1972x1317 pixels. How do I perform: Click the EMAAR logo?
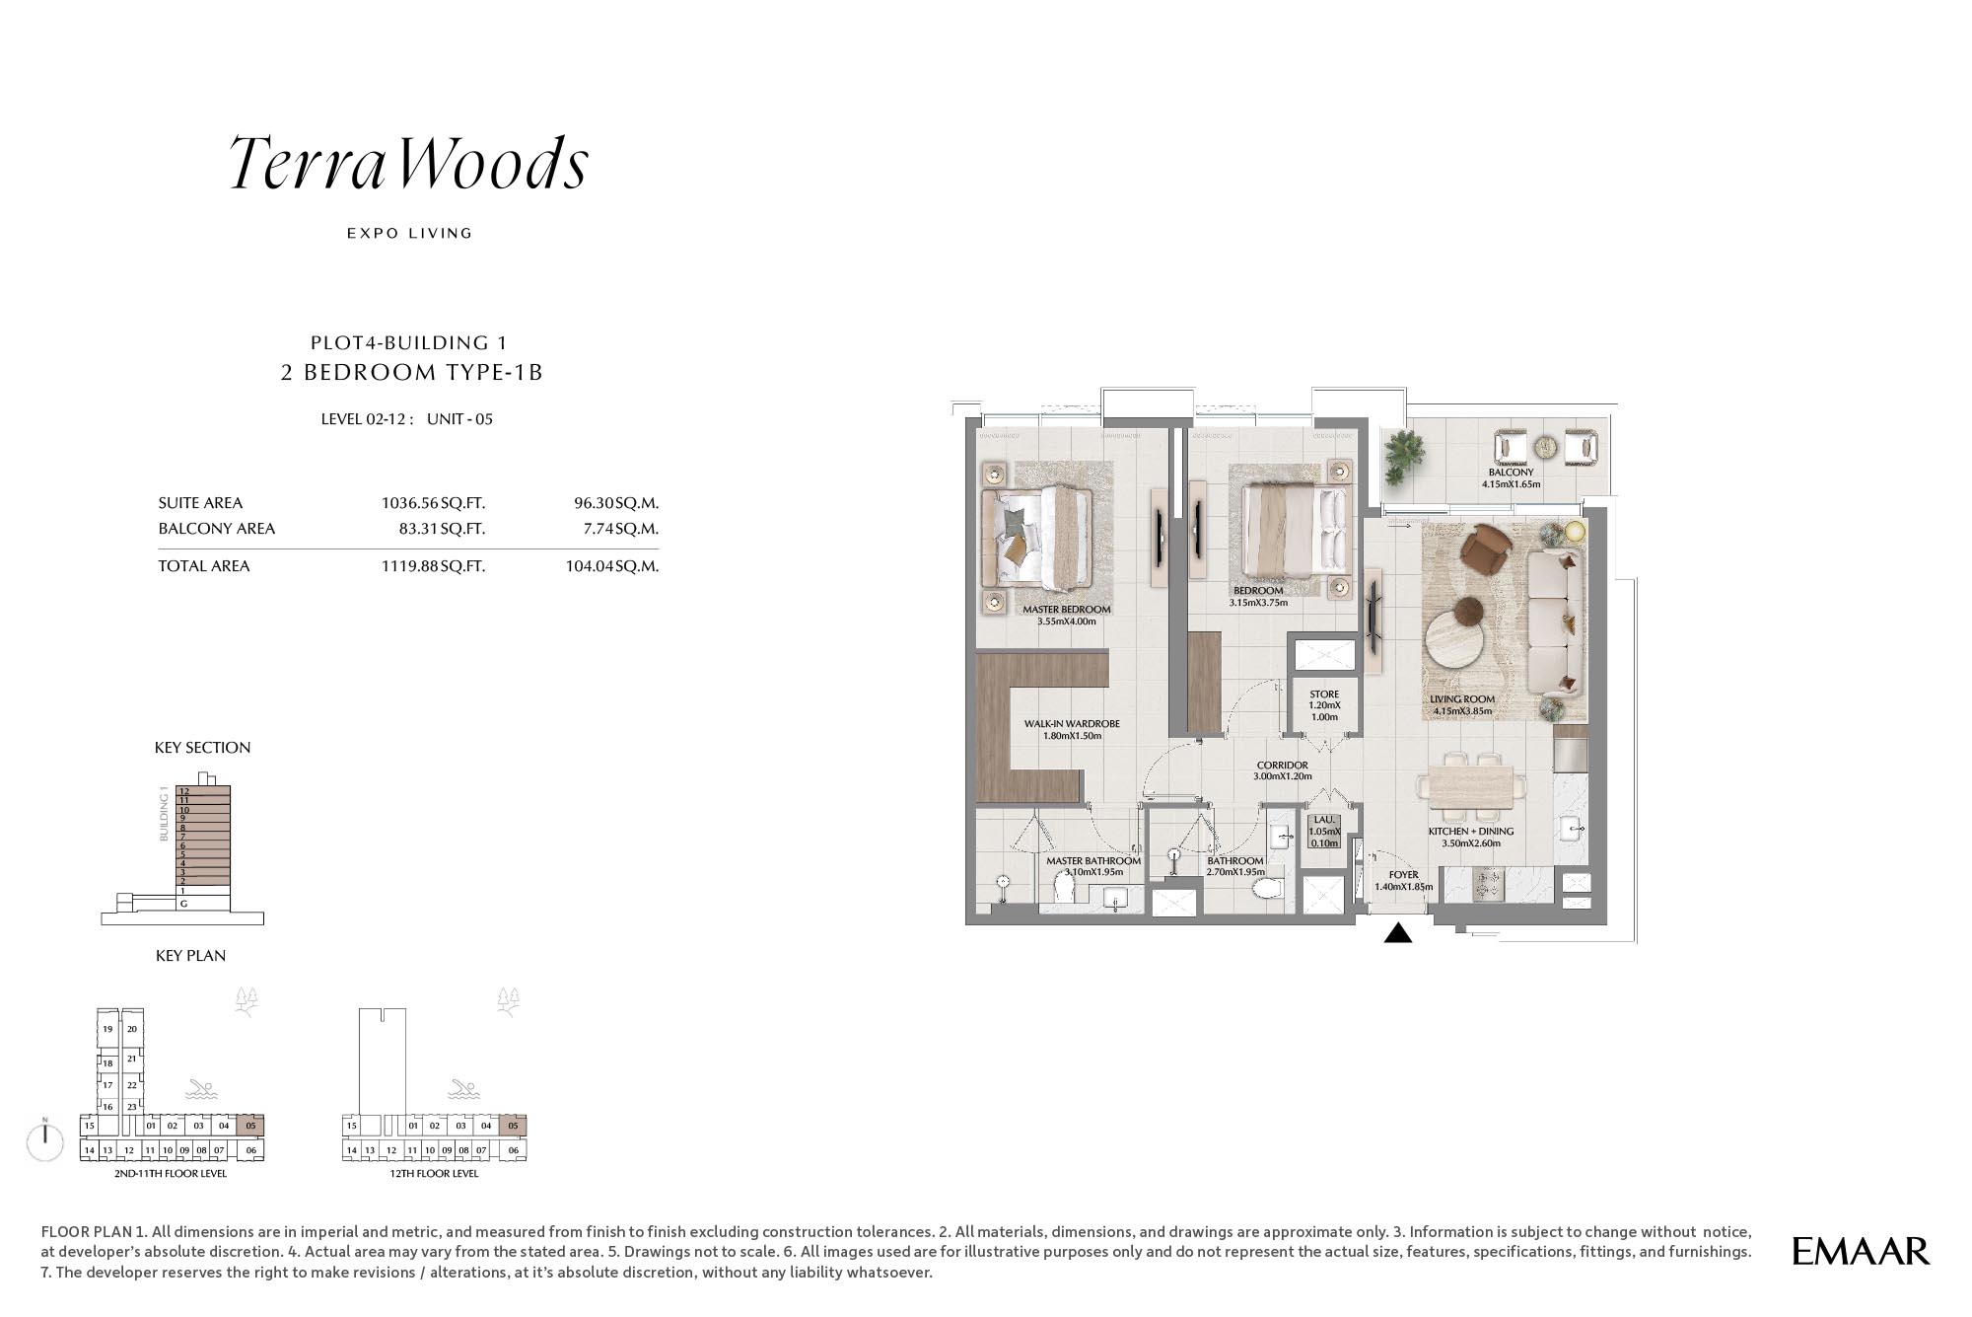(1860, 1251)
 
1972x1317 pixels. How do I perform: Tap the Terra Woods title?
(408, 163)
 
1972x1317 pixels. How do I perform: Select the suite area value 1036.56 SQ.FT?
(433, 503)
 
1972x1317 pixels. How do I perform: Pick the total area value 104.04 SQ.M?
(612, 566)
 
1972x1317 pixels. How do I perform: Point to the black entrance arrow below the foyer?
(1398, 932)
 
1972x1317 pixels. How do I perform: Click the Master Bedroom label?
(1067, 610)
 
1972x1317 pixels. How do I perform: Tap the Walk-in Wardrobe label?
(1072, 724)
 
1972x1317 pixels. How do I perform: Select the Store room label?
(1324, 695)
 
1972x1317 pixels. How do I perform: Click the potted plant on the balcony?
(1403, 456)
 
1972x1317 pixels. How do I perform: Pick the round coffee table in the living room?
(1455, 639)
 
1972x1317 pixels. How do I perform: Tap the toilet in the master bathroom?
(1064, 890)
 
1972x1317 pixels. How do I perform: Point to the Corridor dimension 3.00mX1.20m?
(1283, 776)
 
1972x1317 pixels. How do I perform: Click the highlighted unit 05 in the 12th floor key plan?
(513, 1126)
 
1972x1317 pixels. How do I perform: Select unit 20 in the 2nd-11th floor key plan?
(132, 1029)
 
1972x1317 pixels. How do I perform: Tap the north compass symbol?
(45, 1140)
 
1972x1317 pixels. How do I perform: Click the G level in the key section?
(183, 904)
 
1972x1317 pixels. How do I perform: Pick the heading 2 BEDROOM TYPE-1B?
(412, 372)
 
